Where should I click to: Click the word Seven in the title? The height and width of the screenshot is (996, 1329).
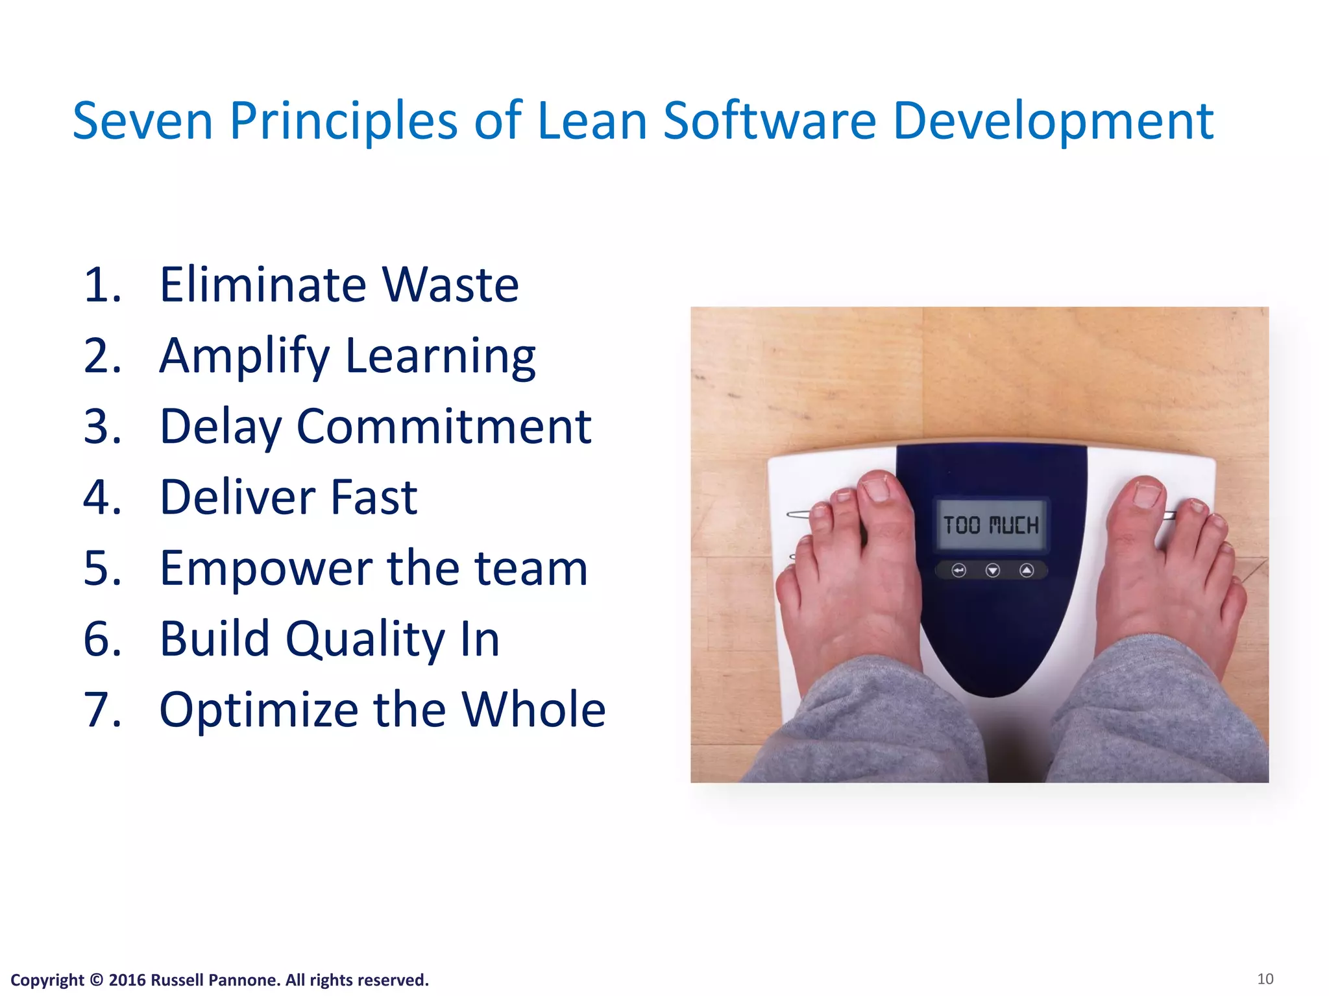pyautogui.click(x=143, y=121)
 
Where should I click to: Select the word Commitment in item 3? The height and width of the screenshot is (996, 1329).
pyautogui.click(x=444, y=427)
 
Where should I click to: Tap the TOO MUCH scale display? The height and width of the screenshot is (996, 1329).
pyautogui.click(x=990, y=525)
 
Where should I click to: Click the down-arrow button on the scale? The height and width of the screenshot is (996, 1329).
pyautogui.click(x=992, y=571)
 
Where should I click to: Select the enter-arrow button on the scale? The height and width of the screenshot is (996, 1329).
pyautogui.click(x=958, y=571)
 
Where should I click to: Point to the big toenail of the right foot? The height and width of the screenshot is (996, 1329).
pyautogui.click(x=1147, y=495)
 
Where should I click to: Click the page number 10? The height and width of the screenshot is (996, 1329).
pyautogui.click(x=1265, y=979)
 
